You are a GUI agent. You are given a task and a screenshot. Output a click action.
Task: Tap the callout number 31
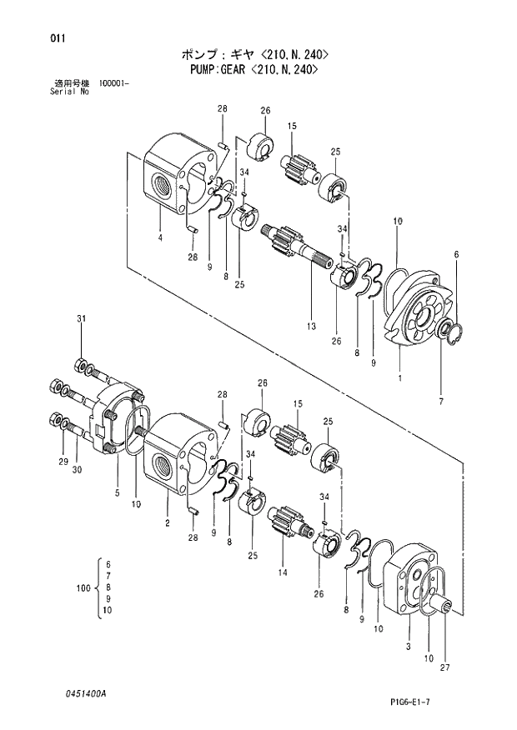pos(82,319)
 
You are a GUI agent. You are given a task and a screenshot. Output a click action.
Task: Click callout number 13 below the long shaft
pos(310,327)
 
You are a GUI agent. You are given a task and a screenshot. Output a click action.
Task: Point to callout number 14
pos(282,572)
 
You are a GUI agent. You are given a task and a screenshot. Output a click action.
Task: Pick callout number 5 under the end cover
pos(117,492)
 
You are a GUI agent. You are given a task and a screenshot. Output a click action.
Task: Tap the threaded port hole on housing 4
pos(161,179)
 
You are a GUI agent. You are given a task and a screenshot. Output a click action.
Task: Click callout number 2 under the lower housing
pos(168,522)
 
